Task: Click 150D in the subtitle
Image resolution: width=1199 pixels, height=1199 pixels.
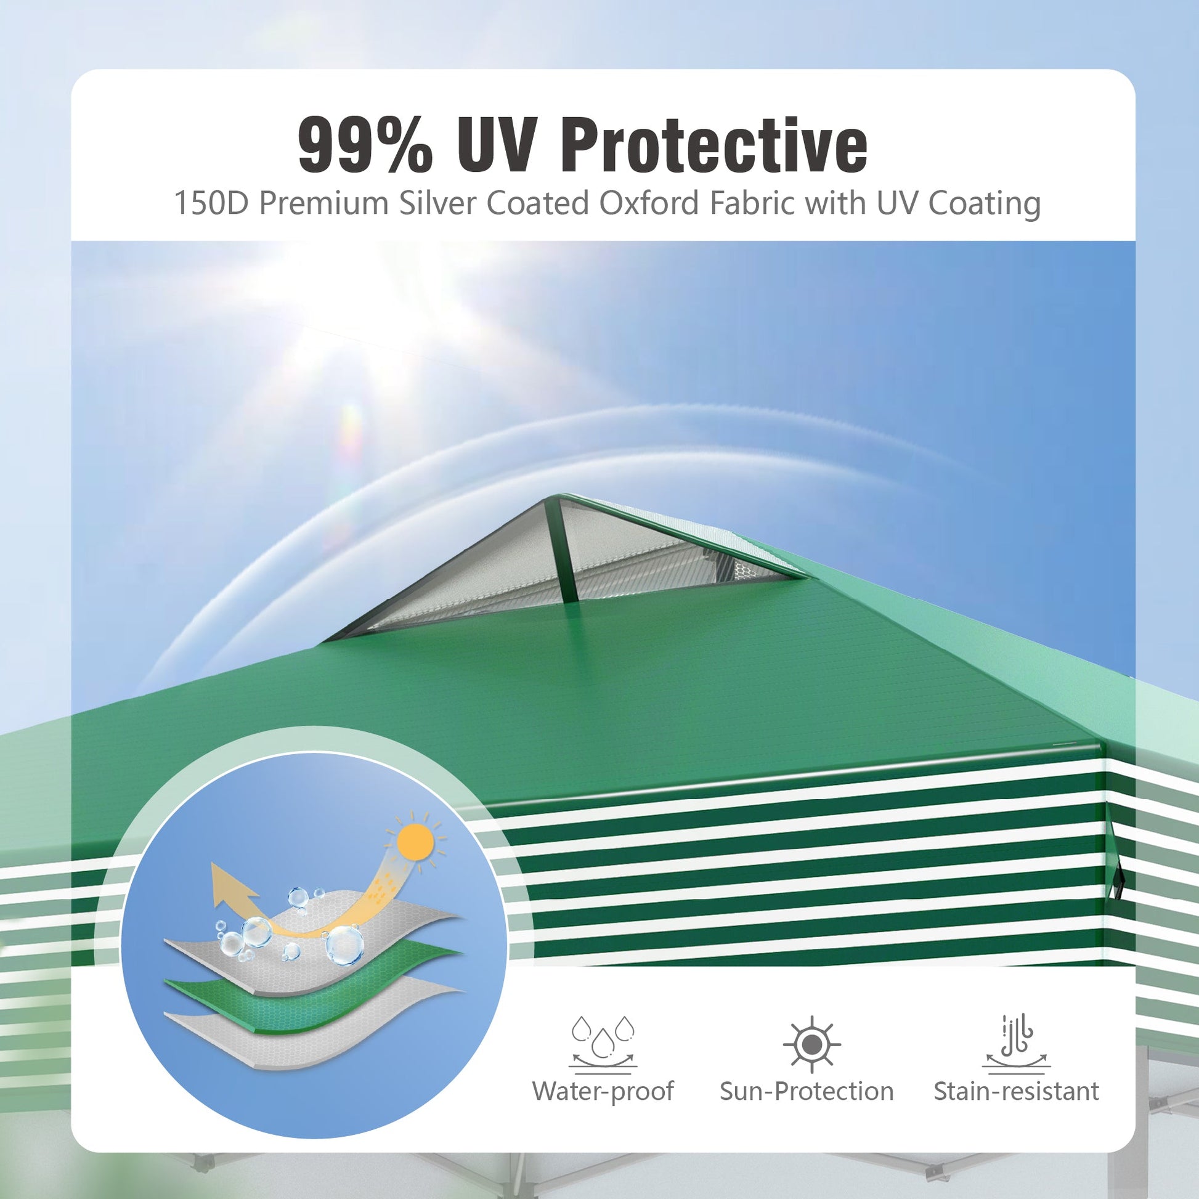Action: pyautogui.click(x=211, y=203)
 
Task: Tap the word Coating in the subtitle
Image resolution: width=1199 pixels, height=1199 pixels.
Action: pyautogui.click(x=984, y=204)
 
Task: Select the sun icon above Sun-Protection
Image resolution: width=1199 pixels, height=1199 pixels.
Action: pyautogui.click(x=811, y=1045)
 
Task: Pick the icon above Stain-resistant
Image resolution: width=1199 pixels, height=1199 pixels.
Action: pyautogui.click(x=1016, y=1044)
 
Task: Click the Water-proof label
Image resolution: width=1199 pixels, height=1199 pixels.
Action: pyautogui.click(x=603, y=1108)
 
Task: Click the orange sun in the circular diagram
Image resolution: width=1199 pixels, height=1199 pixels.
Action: pyautogui.click(x=415, y=842)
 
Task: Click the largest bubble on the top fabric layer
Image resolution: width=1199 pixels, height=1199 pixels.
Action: pyautogui.click(x=343, y=945)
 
